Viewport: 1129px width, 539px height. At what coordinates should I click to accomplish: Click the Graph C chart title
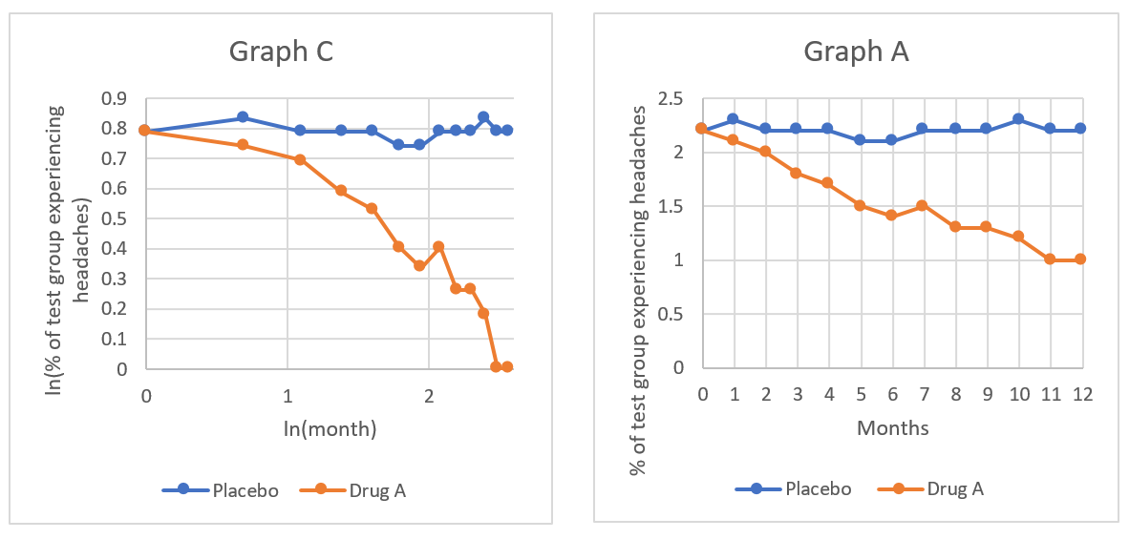[x=281, y=52]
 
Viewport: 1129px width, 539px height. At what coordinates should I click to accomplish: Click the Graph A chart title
[x=856, y=52]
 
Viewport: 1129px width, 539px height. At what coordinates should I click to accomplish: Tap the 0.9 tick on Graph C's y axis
[x=116, y=98]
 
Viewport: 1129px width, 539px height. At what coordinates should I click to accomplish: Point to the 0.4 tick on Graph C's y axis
[x=116, y=249]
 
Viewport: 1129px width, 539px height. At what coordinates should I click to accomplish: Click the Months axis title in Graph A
[x=892, y=428]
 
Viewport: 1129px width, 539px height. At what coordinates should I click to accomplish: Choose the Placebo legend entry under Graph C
[x=220, y=490]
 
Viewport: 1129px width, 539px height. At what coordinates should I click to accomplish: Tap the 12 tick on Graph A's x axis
[x=1081, y=393]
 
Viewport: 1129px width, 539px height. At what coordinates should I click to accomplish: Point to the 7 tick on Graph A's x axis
[x=924, y=393]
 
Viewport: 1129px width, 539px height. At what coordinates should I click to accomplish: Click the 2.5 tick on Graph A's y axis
[x=672, y=98]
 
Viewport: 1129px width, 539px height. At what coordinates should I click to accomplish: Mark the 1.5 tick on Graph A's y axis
[x=672, y=206]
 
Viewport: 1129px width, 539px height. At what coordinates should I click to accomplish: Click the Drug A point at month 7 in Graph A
[x=924, y=205]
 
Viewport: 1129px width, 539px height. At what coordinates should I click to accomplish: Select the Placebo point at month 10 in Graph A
[x=1018, y=119]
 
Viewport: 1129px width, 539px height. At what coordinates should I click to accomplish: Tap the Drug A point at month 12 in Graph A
[x=1081, y=259]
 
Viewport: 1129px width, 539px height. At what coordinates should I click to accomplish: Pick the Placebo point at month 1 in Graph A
[x=734, y=119]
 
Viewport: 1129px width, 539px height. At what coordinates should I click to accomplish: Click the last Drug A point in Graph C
[x=507, y=366]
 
